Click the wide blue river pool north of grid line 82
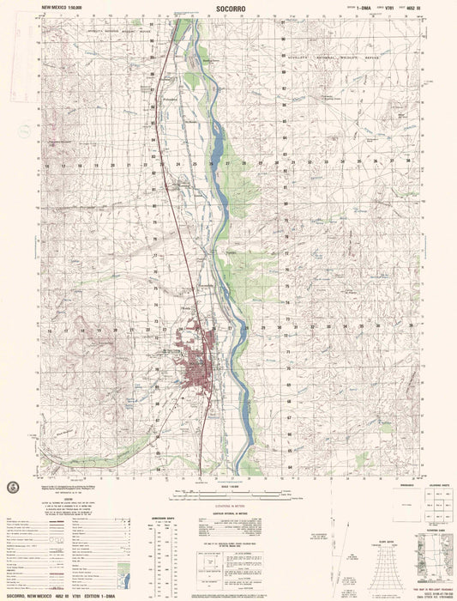coord(216,137)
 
